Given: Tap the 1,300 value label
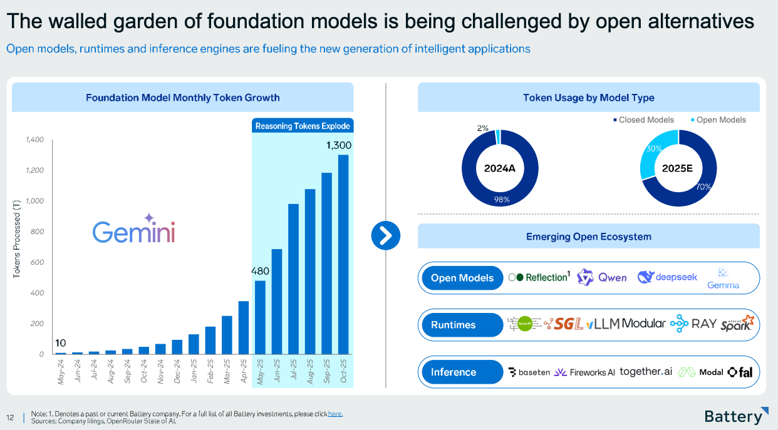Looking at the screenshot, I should (339, 145).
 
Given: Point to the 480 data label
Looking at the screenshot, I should (260, 272).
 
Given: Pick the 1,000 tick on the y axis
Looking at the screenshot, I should (34, 201).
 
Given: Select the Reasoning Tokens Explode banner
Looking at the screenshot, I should (303, 126).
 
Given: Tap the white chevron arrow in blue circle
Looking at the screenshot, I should (385, 235).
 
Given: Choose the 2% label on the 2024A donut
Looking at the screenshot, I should (482, 128).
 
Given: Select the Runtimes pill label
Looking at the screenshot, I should (453, 325).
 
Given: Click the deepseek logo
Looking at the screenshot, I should (667, 277).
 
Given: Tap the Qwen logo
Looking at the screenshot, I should (601, 277).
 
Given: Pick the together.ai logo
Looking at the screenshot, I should (646, 372).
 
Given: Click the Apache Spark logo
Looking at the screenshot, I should (736, 324).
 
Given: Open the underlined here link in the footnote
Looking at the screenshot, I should (336, 414).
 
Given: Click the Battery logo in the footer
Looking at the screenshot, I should (735, 416).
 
